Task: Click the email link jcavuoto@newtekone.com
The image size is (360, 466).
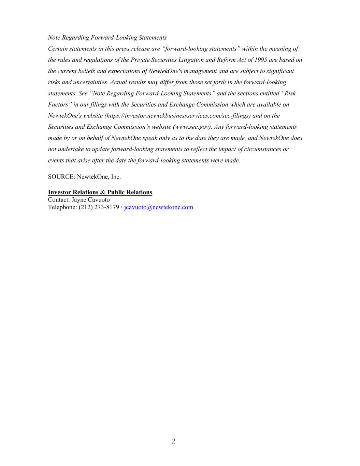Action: click(158, 207)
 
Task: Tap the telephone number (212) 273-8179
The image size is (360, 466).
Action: click(99, 207)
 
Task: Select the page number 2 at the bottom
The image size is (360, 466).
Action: click(173, 441)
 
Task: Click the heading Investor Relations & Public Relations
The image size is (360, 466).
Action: click(100, 192)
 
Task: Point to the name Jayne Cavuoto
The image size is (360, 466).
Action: click(90, 200)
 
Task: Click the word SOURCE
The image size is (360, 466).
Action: click(61, 177)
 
